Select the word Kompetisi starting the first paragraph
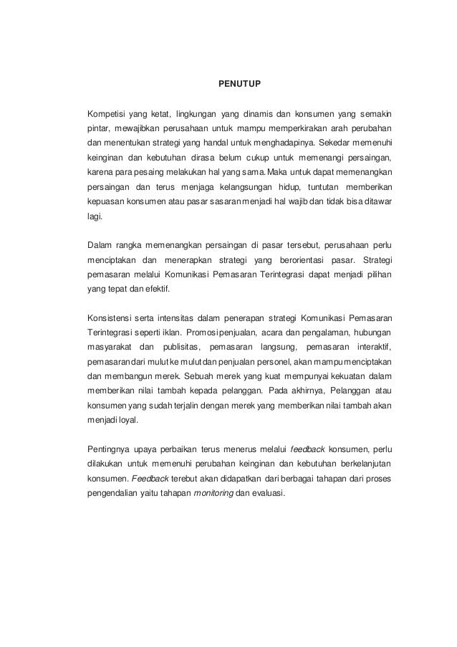tap(106, 112)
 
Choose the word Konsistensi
tap(108, 319)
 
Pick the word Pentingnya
tap(108, 449)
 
